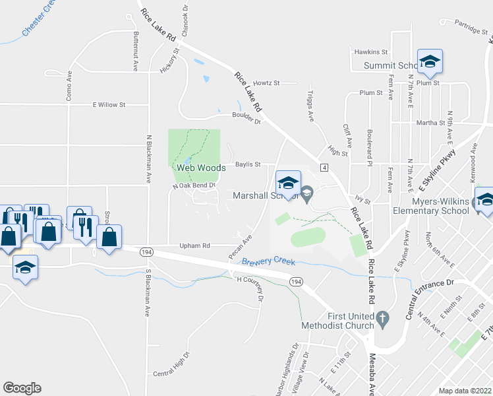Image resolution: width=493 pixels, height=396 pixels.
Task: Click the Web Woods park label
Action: [x=201, y=168]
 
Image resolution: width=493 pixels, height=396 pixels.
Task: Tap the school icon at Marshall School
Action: [x=287, y=182]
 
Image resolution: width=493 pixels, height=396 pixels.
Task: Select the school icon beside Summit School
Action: [x=430, y=62]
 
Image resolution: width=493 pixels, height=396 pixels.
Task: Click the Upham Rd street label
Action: [x=194, y=246]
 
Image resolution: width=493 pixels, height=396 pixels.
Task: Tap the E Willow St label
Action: [x=109, y=105]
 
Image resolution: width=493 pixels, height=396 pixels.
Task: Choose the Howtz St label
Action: [x=266, y=83]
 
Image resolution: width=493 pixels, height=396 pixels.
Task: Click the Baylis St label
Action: [x=248, y=164]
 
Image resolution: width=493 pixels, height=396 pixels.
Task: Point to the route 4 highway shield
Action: [x=324, y=168]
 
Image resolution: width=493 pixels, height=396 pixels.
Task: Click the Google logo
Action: [x=21, y=388]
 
